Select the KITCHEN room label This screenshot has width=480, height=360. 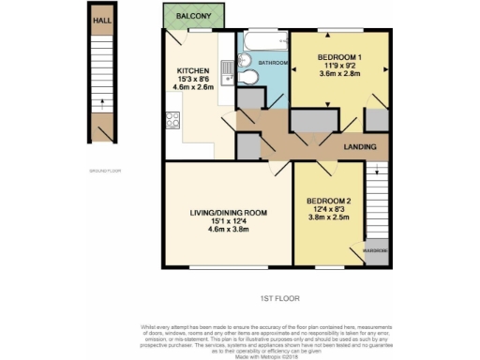(x=194, y=71)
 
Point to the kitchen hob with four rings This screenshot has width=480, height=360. (x=172, y=119)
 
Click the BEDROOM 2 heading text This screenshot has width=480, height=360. (x=328, y=201)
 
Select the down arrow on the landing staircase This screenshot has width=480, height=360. (x=376, y=173)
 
